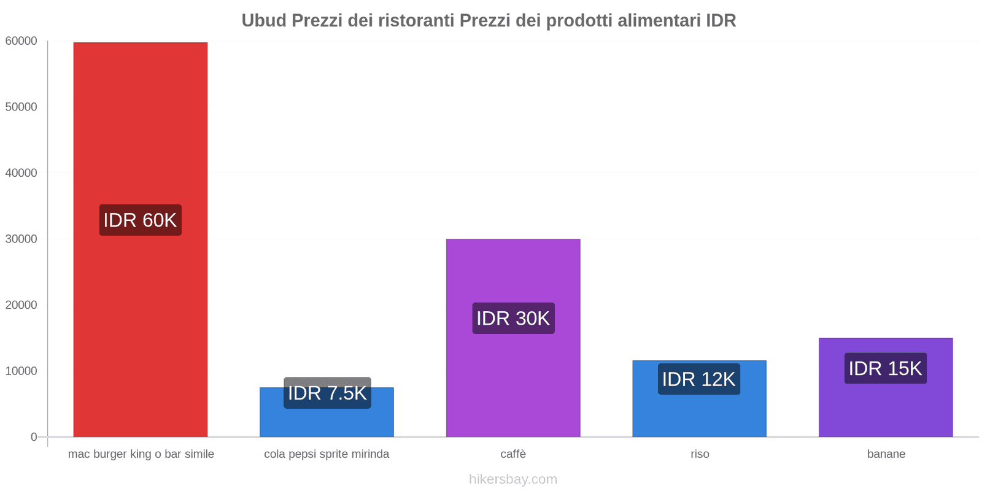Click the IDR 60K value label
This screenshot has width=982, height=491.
coord(140,220)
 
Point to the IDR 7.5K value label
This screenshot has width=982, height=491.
coord(327,393)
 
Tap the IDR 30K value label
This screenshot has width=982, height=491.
coord(513,318)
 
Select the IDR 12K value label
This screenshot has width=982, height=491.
coord(698,379)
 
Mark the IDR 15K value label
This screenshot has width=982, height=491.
coord(885,368)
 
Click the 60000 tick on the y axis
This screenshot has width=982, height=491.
coord(21,41)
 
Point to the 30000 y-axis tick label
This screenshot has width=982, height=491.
coord(21,239)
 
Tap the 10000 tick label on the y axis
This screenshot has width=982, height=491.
coord(21,371)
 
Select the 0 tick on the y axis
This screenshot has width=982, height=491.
coord(34,437)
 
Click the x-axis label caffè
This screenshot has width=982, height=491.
coord(513,454)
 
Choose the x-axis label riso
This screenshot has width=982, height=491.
coord(700,454)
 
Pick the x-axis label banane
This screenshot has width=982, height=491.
coord(886,454)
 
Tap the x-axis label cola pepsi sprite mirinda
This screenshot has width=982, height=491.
coord(327,454)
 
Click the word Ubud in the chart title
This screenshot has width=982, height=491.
coord(264,20)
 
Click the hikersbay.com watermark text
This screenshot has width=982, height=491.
coord(513,479)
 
